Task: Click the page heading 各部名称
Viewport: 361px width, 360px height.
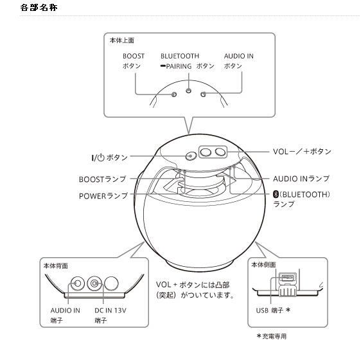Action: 39,8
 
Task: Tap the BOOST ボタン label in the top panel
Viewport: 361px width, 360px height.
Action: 134,61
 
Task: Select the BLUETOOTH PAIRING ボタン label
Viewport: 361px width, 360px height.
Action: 188,61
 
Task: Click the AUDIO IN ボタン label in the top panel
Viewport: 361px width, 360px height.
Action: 238,61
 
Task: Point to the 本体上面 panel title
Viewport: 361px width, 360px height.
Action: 122,40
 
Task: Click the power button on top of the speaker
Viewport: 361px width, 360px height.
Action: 191,156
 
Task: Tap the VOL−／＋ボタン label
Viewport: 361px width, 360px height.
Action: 302,152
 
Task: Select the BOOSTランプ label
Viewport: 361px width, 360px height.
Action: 102,179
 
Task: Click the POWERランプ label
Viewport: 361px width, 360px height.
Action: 103,196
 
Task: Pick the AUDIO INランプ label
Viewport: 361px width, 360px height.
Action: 301,179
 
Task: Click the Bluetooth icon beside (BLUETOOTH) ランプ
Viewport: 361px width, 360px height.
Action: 276,194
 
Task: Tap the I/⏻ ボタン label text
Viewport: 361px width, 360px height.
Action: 109,157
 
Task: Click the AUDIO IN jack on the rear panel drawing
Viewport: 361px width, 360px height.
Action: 77,283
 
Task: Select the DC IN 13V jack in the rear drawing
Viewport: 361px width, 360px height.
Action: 94,283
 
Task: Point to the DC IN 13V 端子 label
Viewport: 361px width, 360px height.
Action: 110,315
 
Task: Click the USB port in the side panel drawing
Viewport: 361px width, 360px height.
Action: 287,278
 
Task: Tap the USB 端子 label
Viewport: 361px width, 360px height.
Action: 273,310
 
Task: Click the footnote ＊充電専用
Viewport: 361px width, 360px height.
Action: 272,336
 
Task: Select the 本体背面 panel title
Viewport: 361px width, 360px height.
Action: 55,266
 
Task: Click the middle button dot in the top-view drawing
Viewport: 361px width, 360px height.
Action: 189,91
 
